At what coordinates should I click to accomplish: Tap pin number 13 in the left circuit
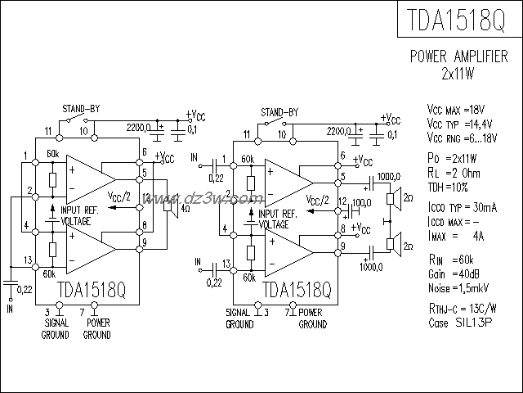(29, 260)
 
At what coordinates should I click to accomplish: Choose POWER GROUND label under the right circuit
(311, 318)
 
